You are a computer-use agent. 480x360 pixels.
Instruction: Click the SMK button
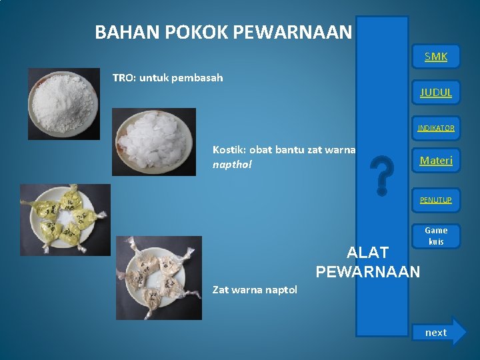pyautogui.click(x=436, y=57)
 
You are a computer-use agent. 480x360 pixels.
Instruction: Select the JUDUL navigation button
pyautogui.click(x=436, y=92)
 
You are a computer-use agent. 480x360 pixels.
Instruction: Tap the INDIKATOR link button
pyautogui.click(x=436, y=128)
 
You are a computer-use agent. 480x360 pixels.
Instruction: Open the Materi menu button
pyautogui.click(x=436, y=161)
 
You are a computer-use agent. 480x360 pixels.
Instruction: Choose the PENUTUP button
pyautogui.click(x=436, y=199)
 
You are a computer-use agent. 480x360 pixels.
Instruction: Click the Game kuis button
pyautogui.click(x=436, y=236)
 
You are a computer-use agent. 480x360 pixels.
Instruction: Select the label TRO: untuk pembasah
pyautogui.click(x=167, y=78)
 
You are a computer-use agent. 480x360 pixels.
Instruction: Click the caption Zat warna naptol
pyautogui.click(x=255, y=289)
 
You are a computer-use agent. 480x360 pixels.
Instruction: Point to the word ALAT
pyautogui.click(x=368, y=253)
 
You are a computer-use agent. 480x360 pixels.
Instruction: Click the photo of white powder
pyautogui.click(x=63, y=103)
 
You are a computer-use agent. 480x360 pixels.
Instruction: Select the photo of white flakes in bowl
pyautogui.click(x=154, y=141)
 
